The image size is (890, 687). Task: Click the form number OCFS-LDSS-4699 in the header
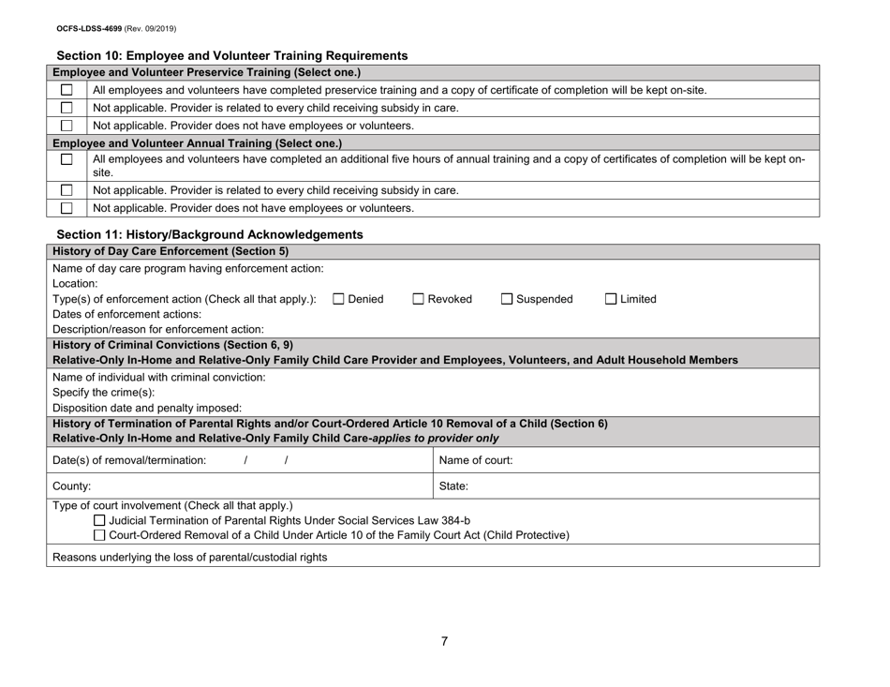(x=57, y=15)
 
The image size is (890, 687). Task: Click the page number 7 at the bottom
(x=445, y=641)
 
